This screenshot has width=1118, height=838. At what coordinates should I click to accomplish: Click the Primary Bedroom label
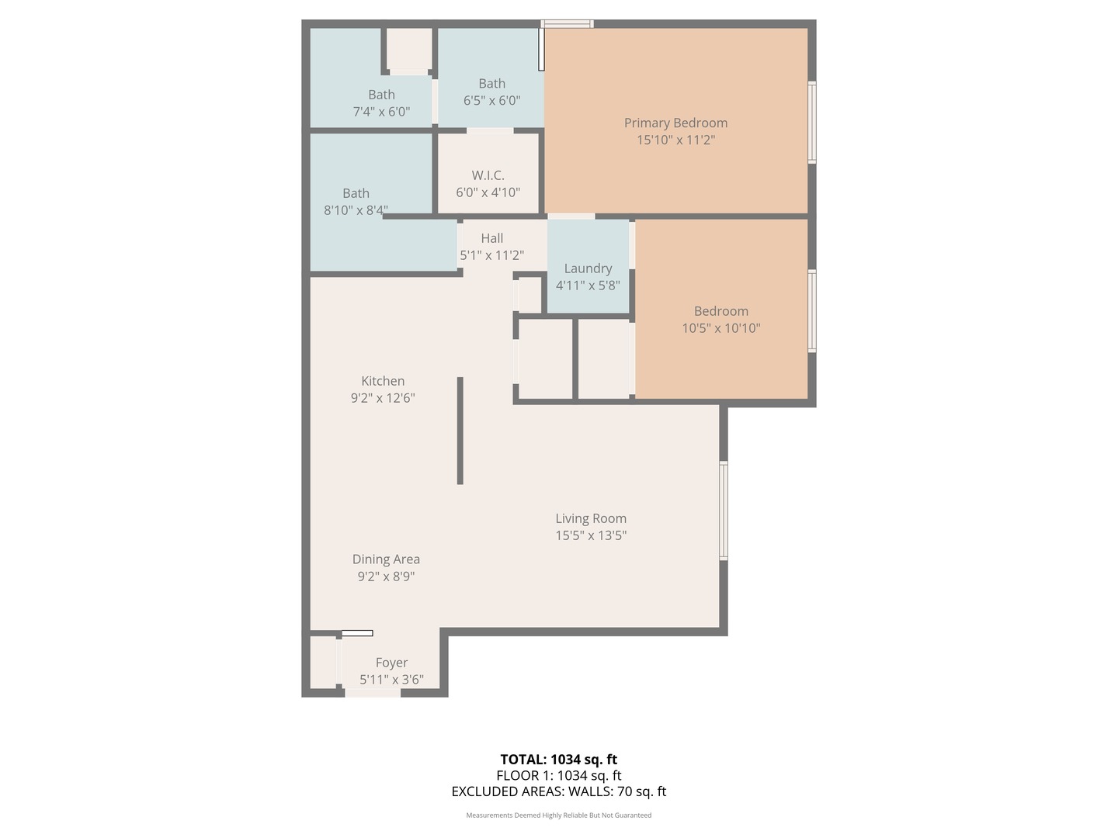675,123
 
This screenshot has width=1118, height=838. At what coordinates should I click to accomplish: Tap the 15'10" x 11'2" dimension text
675,140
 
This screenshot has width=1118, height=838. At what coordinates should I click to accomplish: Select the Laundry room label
588,268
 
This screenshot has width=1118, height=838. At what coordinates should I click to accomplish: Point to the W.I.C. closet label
488,175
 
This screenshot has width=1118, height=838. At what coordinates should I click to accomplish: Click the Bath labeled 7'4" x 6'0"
381,95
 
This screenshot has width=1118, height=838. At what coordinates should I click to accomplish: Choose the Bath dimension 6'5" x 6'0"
491,100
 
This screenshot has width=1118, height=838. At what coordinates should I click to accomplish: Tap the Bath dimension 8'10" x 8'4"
356,209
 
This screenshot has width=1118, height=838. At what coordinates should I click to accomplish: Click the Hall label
491,238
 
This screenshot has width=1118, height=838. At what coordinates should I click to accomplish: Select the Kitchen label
383,381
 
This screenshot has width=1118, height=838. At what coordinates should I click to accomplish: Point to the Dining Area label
386,559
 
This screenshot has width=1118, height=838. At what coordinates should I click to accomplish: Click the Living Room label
591,518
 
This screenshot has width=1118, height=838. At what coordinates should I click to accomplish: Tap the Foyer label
391,663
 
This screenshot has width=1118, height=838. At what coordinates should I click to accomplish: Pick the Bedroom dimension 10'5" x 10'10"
720,327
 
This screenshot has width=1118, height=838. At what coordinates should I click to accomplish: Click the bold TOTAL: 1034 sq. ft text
558,760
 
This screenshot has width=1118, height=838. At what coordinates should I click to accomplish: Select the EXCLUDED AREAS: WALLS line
558,791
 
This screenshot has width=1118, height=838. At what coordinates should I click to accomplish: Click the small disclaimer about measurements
558,815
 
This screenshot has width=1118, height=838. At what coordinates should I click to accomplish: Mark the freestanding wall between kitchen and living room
460,431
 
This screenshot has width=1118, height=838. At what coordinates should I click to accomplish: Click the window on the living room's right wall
724,511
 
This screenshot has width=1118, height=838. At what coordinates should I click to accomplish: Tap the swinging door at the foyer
357,633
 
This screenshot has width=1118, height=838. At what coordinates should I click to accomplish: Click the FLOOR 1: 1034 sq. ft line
558,775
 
